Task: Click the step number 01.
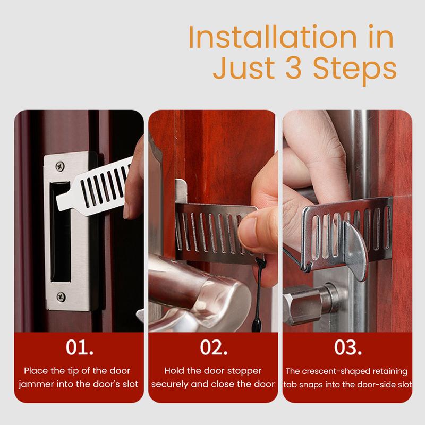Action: [79, 347]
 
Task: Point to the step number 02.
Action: [214, 347]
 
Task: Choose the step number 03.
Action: [348, 347]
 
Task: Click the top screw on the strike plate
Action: [60, 166]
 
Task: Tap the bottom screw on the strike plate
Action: [61, 297]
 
